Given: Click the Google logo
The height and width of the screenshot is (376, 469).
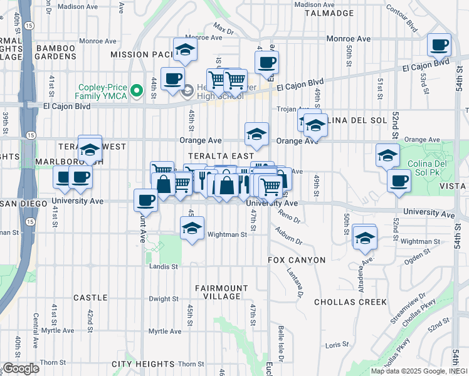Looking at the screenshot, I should point(20,368).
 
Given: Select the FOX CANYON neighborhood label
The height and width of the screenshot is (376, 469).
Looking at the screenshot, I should point(297,260).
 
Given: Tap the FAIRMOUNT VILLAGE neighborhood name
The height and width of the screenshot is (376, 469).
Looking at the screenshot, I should point(218,292).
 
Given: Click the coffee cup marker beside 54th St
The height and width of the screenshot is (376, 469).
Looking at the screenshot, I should point(439,45).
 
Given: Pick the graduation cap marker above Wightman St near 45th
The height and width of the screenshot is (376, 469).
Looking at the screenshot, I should point(192,227).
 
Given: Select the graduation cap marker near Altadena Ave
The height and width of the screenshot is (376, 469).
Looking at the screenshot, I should point(364,237).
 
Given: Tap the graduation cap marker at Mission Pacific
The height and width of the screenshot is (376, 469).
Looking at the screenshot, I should point(184,51).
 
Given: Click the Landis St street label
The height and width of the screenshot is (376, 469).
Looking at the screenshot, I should point(164,266).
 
